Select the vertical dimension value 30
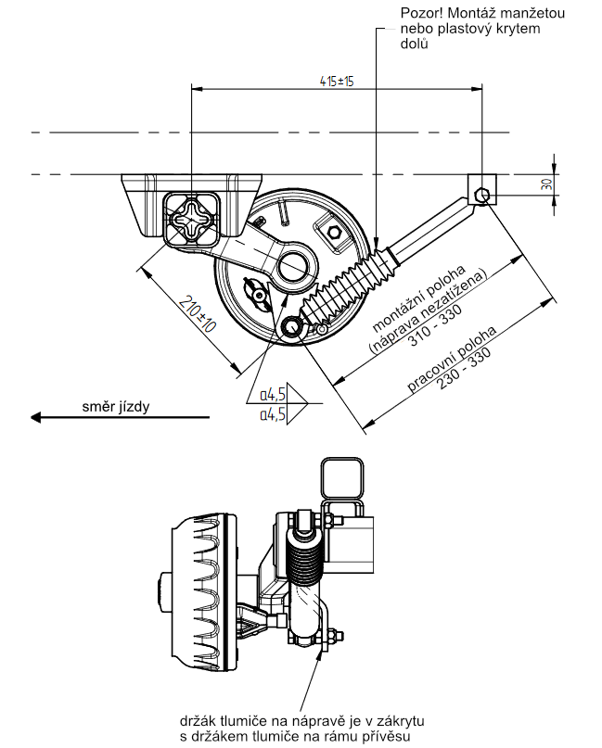(x=548, y=184)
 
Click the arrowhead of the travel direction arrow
(x=39, y=418)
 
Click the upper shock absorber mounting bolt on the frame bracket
(x=480, y=194)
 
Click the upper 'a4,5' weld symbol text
(x=272, y=394)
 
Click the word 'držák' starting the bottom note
(x=198, y=720)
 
